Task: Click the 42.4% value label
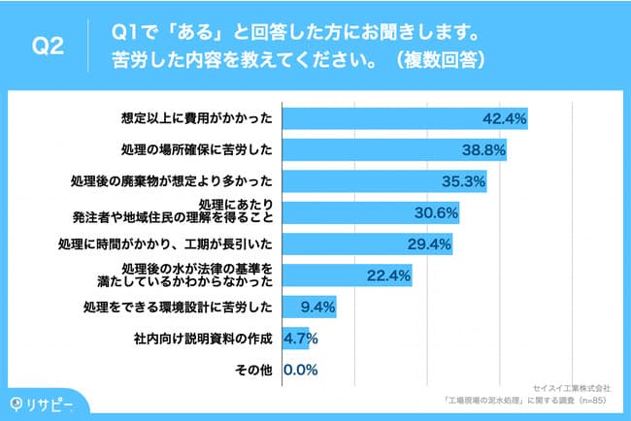pyautogui.click(x=504, y=119)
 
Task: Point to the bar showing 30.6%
pyautogui.click(x=370, y=212)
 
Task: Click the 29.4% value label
pyautogui.click(x=428, y=243)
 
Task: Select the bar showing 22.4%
pyautogui.click(x=346, y=275)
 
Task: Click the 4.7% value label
pyautogui.click(x=300, y=339)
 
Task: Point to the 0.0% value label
pyautogui.click(x=301, y=370)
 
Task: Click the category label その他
pyautogui.click(x=255, y=370)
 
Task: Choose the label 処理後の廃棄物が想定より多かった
pyautogui.click(x=171, y=181)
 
